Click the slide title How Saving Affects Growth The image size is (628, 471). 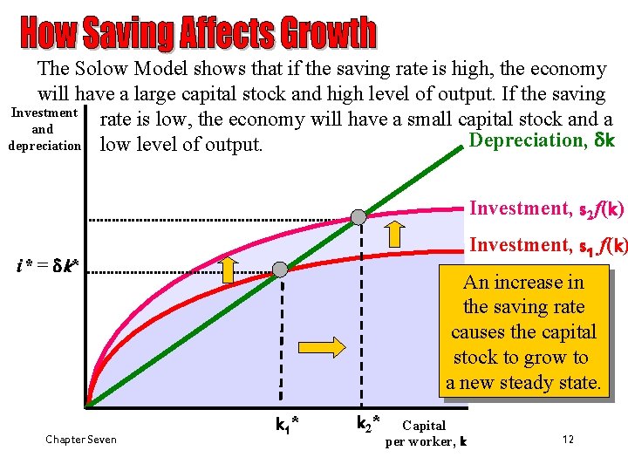[x=199, y=33]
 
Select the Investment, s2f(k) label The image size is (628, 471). [x=546, y=208]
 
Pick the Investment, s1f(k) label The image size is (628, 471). [x=547, y=246]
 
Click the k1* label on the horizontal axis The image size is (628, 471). [x=287, y=426]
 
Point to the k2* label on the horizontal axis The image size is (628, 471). [x=368, y=426]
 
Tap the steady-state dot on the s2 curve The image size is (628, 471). [x=358, y=216]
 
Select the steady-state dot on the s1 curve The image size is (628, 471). [x=279, y=270]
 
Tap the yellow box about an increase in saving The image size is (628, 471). [x=523, y=332]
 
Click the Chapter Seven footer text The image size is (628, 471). [x=81, y=440]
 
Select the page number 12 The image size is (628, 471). [x=568, y=439]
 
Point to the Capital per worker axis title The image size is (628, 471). [x=426, y=433]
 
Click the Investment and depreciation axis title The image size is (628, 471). [x=44, y=129]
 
